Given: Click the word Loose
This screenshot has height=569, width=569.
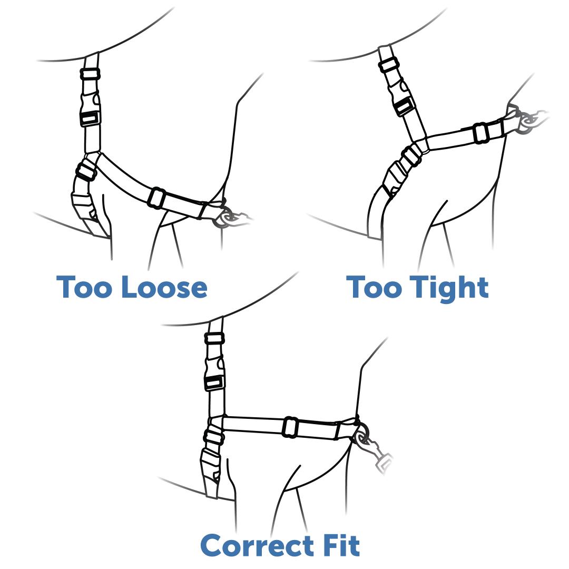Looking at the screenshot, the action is tap(164, 288).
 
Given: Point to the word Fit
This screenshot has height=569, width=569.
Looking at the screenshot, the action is tap(340, 545).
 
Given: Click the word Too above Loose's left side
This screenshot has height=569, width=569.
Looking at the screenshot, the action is tap(85, 288).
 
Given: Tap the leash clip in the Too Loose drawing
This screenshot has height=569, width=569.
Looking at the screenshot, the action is tap(232, 218).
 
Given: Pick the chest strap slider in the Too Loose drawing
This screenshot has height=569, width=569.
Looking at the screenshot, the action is tap(156, 198).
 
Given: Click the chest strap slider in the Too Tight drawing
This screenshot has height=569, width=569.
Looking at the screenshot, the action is tap(480, 133).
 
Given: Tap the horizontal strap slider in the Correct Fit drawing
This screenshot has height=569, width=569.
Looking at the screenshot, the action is tap(290, 427).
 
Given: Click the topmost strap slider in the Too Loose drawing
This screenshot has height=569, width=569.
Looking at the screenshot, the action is tap(91, 74).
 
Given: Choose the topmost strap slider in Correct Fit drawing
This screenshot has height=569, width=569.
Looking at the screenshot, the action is tap(215, 338).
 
